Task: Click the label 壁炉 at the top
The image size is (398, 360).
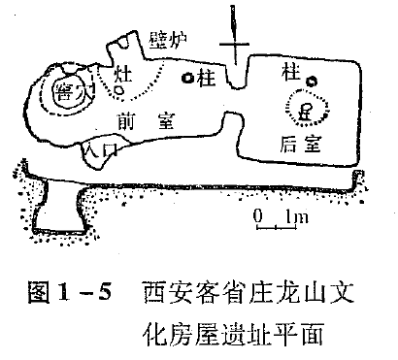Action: tap(170, 40)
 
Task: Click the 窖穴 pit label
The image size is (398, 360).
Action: tap(71, 93)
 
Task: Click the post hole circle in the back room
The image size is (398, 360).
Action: tap(311, 81)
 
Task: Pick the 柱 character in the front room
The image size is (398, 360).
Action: tap(204, 76)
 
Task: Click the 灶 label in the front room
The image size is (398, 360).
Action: tap(122, 73)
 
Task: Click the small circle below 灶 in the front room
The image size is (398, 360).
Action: tap(118, 90)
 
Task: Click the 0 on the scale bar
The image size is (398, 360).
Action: tap(257, 215)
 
